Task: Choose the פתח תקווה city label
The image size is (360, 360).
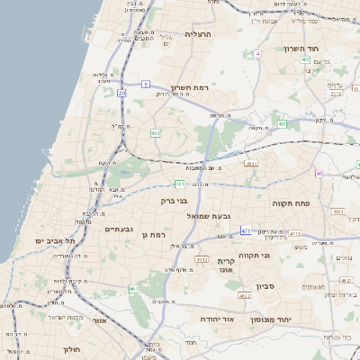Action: [x=291, y=203]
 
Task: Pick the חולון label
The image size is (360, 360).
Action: [x=72, y=347]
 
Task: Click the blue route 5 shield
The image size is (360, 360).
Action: [x=145, y=84]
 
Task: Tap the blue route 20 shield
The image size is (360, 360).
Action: [x=121, y=93]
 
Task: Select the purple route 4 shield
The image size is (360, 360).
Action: [x=258, y=54]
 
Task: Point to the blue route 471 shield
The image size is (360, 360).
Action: [x=245, y=231]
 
